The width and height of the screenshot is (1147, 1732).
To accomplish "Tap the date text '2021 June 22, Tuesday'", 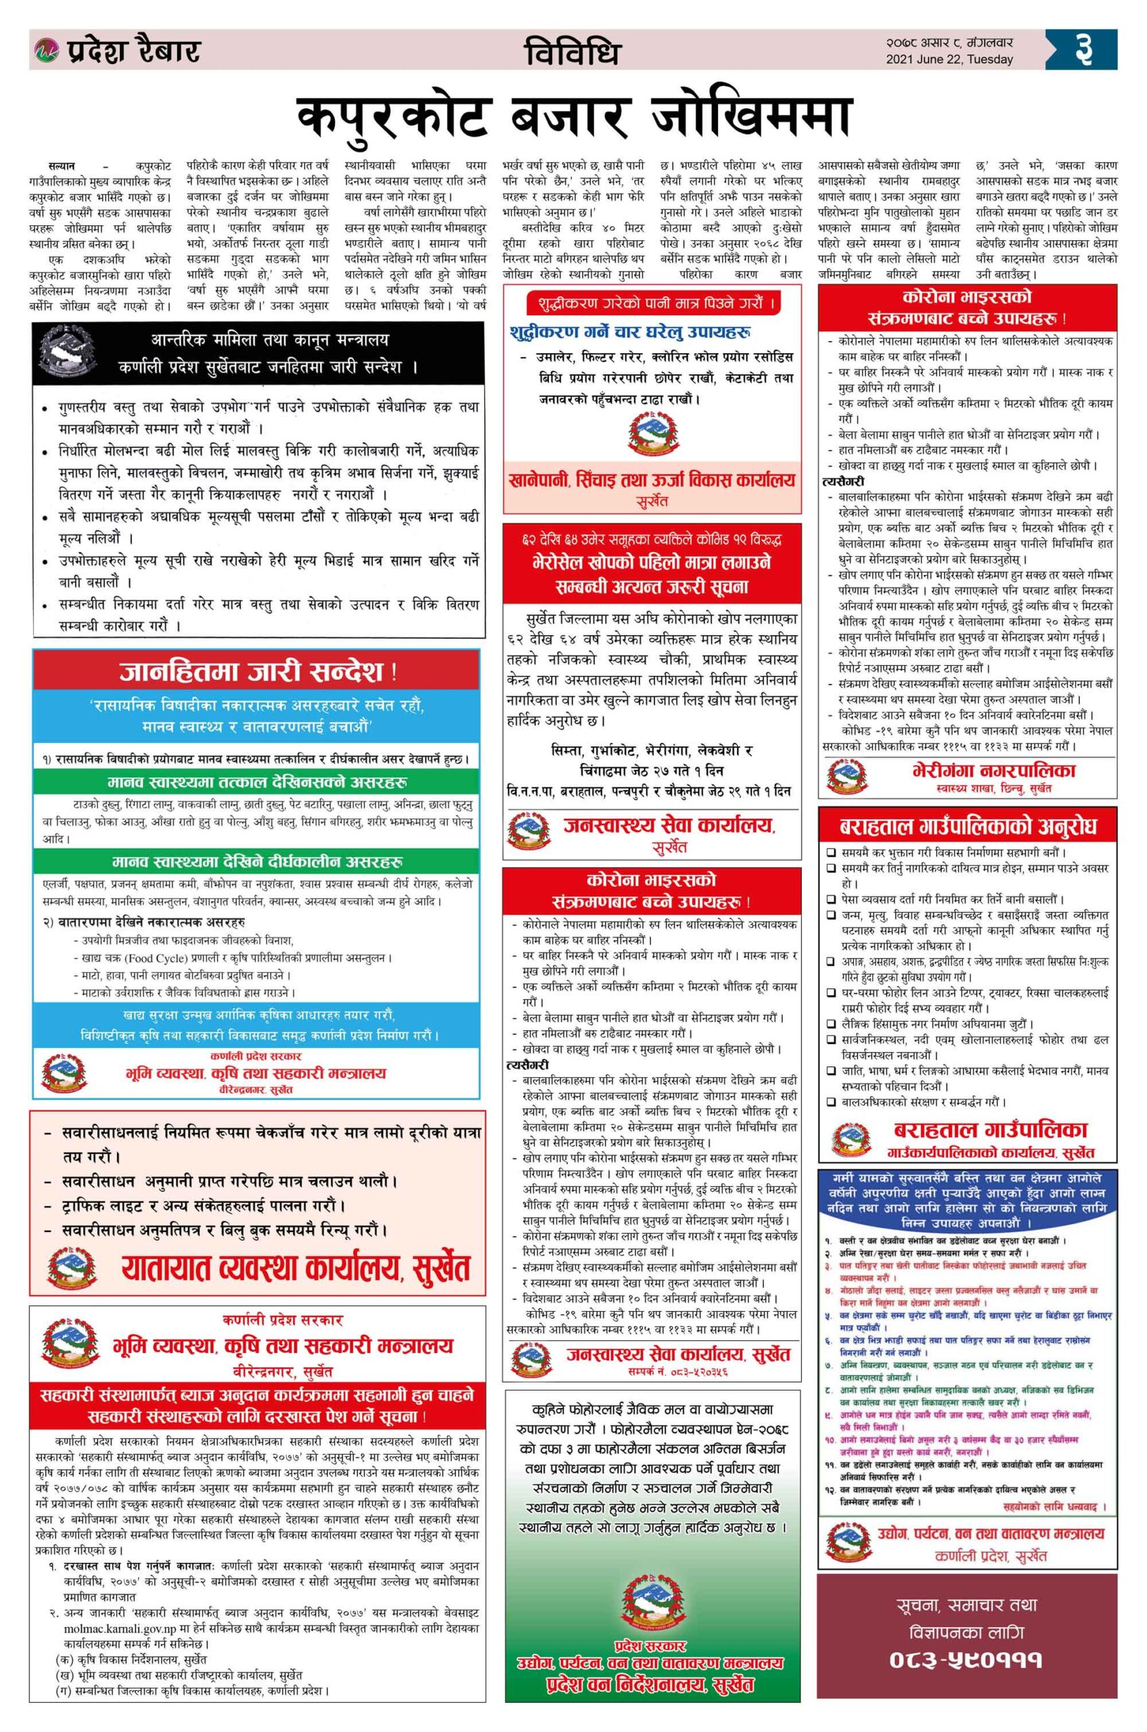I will (x=949, y=60).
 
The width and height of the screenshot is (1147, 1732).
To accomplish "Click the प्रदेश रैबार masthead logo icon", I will (x=45, y=50).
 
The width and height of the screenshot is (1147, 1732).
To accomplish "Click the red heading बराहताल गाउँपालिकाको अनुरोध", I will (x=968, y=828).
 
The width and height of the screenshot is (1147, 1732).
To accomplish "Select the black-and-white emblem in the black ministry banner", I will (x=69, y=352).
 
